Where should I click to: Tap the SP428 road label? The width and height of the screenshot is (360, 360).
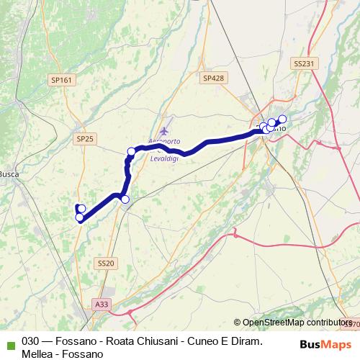[x=213, y=78]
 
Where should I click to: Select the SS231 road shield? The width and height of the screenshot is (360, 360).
[x=304, y=63]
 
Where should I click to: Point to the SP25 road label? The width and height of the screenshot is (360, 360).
[x=85, y=138]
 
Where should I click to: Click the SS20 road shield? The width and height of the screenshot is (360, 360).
[x=105, y=264]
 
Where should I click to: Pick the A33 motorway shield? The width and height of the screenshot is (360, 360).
[x=102, y=305]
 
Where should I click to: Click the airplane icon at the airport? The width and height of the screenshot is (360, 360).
[x=165, y=132]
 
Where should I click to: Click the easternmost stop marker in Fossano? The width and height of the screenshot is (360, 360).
[x=282, y=119]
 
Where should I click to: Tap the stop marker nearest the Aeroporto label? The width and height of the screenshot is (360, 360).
[x=132, y=151]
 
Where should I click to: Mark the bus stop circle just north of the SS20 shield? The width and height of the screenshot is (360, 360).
[x=125, y=199]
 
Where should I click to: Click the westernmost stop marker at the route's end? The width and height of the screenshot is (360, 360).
[x=79, y=217]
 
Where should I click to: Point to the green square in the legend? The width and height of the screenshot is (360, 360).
[x=9, y=342]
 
